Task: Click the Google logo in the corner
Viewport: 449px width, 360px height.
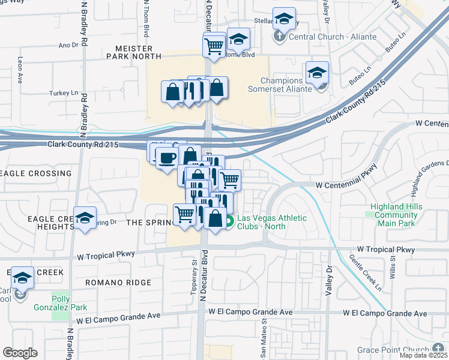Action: tap(20, 352)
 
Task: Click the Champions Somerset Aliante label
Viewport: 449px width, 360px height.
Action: tap(281, 85)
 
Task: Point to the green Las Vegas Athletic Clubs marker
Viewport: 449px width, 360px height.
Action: tap(230, 221)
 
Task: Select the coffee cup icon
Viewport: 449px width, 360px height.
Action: tap(166, 157)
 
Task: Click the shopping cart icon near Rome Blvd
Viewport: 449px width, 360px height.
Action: tap(214, 45)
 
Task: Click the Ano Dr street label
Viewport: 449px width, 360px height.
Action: tap(68, 45)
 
